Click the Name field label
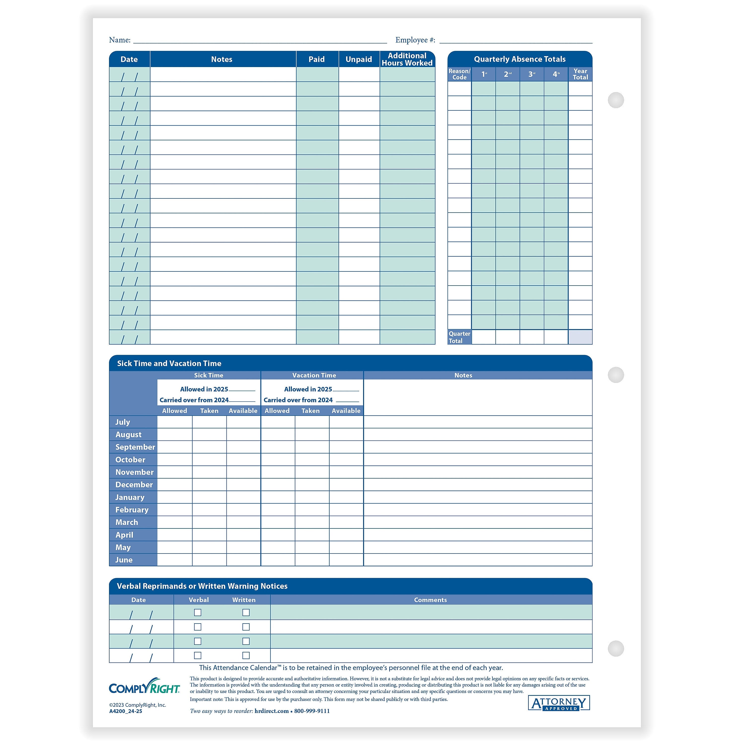click(119, 40)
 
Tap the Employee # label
click(415, 40)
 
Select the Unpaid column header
click(359, 59)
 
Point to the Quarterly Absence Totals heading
click(520, 59)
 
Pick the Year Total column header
click(580, 74)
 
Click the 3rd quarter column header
click(531, 74)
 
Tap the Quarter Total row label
click(459, 337)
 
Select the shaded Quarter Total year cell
click(580, 337)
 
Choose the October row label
click(130, 460)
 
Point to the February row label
click(132, 510)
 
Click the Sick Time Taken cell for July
click(209, 422)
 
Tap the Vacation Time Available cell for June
click(346, 560)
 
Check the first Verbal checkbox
click(197, 612)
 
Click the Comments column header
click(430, 600)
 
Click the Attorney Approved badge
click(559, 703)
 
